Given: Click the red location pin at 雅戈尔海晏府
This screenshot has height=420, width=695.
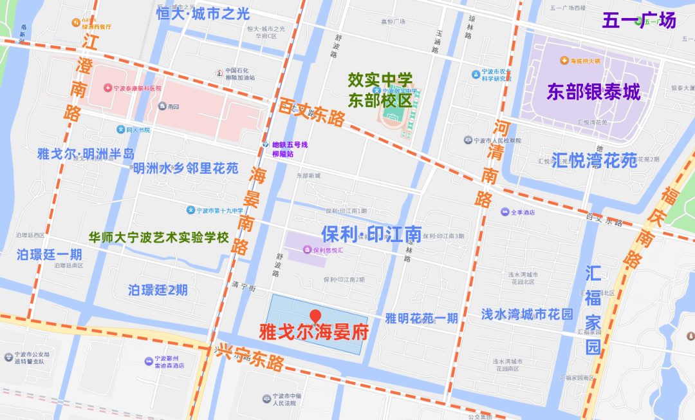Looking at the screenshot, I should tap(315, 316).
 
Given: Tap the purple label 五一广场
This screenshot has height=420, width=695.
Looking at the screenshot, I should tap(639, 20).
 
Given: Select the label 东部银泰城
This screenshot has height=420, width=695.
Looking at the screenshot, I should tap(593, 92).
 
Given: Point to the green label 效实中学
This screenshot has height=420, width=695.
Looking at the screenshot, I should tap(380, 80).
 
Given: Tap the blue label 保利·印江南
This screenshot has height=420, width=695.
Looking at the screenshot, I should tap(371, 234).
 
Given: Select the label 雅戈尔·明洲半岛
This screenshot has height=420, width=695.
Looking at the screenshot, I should tap(85, 154).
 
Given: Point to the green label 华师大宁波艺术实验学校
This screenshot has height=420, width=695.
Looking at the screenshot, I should tap(159, 237).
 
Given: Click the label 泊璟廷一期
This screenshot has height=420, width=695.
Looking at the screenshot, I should tap(49, 254).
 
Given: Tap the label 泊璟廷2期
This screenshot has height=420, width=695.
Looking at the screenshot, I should tap(158, 290).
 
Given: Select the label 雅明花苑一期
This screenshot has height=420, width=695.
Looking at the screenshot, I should tap(422, 318).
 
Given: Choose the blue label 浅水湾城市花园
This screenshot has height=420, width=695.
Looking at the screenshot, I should tap(526, 314).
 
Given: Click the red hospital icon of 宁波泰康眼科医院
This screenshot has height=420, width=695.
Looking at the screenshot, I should tap(107, 88).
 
